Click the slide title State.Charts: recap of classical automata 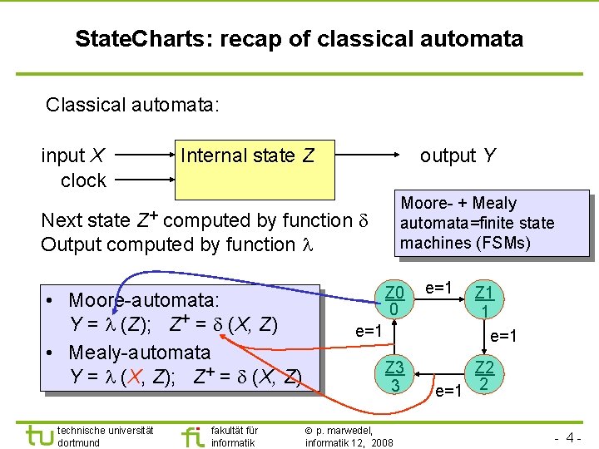tap(299, 38)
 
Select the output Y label tap(458, 155)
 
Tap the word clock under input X tap(83, 180)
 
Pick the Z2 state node tap(483, 375)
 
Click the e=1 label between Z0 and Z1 tap(438, 288)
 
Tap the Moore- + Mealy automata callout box tap(490, 223)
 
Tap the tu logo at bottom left tap(37, 435)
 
